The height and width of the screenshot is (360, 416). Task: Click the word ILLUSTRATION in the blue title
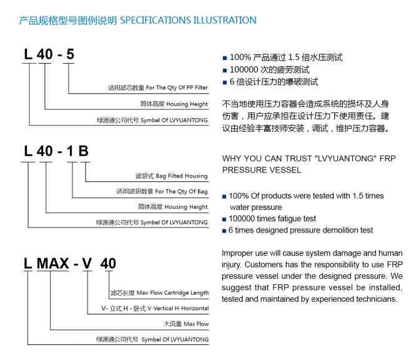225,21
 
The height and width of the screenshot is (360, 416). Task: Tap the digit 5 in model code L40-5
70,54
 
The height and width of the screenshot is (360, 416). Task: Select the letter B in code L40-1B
83,151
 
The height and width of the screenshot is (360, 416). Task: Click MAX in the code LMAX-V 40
53,263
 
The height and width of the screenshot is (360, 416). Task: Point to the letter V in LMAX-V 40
87,263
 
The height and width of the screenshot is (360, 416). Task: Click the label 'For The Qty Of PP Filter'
177,87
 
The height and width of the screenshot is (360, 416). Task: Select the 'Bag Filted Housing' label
182,176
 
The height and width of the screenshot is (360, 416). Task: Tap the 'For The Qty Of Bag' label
181,191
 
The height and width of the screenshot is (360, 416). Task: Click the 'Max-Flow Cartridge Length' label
172,293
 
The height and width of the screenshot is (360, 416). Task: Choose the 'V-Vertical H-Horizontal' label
178,308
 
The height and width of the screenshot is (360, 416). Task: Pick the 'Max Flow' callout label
196,324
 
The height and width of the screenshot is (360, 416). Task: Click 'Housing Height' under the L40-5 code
187,104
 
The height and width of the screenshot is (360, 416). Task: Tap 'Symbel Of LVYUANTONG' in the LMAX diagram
175,339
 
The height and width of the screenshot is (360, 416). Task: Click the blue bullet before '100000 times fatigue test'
224,219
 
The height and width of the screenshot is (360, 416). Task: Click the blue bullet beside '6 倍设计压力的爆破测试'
225,82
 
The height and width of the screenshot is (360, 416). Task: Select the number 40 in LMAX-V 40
108,263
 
